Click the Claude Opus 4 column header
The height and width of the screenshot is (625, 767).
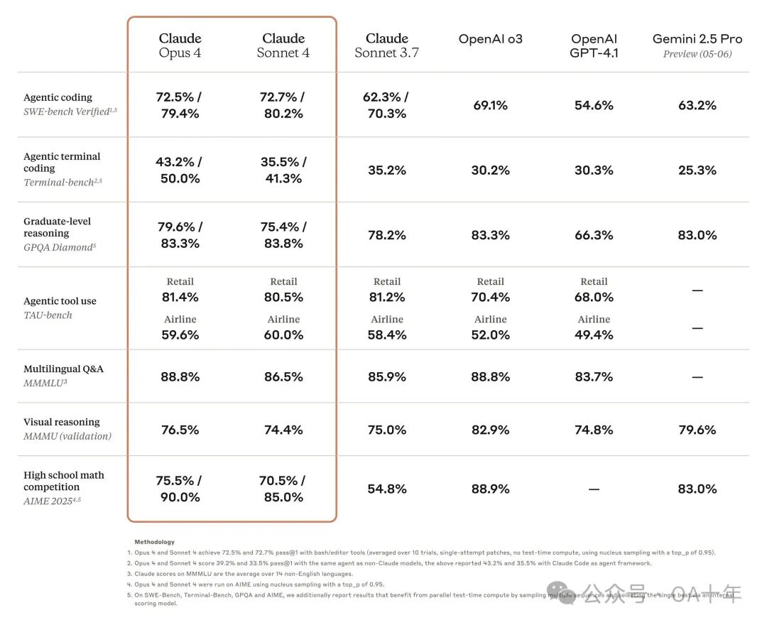pyautogui.click(x=180, y=45)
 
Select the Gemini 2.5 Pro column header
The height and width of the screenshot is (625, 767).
pyautogui.click(x=697, y=45)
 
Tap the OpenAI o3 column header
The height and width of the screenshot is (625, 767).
pyautogui.click(x=490, y=39)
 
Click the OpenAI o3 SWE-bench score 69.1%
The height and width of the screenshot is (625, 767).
pyautogui.click(x=490, y=105)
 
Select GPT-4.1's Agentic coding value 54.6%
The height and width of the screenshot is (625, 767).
pyautogui.click(x=594, y=105)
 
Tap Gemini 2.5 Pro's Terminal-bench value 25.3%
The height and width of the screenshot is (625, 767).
pyautogui.click(x=697, y=170)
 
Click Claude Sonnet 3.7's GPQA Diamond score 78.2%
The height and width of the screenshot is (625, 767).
pyautogui.click(x=387, y=235)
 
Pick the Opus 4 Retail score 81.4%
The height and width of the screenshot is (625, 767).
pyautogui.click(x=180, y=297)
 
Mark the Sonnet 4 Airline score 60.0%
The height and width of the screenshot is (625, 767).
pyautogui.click(x=283, y=335)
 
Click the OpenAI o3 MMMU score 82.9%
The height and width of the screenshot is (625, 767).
pyautogui.click(x=490, y=430)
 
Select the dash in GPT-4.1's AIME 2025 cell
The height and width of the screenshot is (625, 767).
pyautogui.click(x=594, y=489)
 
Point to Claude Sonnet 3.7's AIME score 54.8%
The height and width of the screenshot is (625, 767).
pyautogui.click(x=387, y=489)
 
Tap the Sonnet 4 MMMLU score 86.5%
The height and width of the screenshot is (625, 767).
pyautogui.click(x=283, y=376)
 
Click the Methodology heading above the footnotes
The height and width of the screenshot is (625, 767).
pyautogui.click(x=154, y=542)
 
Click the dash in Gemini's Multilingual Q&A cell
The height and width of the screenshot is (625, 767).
pyautogui.click(x=697, y=377)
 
